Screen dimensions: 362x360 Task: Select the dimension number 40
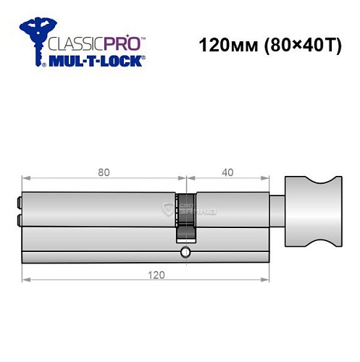pyautogui.click(x=226, y=173)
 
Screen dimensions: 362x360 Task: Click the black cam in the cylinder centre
pyautogui.click(x=186, y=214)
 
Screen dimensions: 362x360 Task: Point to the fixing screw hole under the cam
pyautogui.click(x=186, y=252)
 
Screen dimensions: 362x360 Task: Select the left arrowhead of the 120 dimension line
pyautogui.click(x=25, y=279)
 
